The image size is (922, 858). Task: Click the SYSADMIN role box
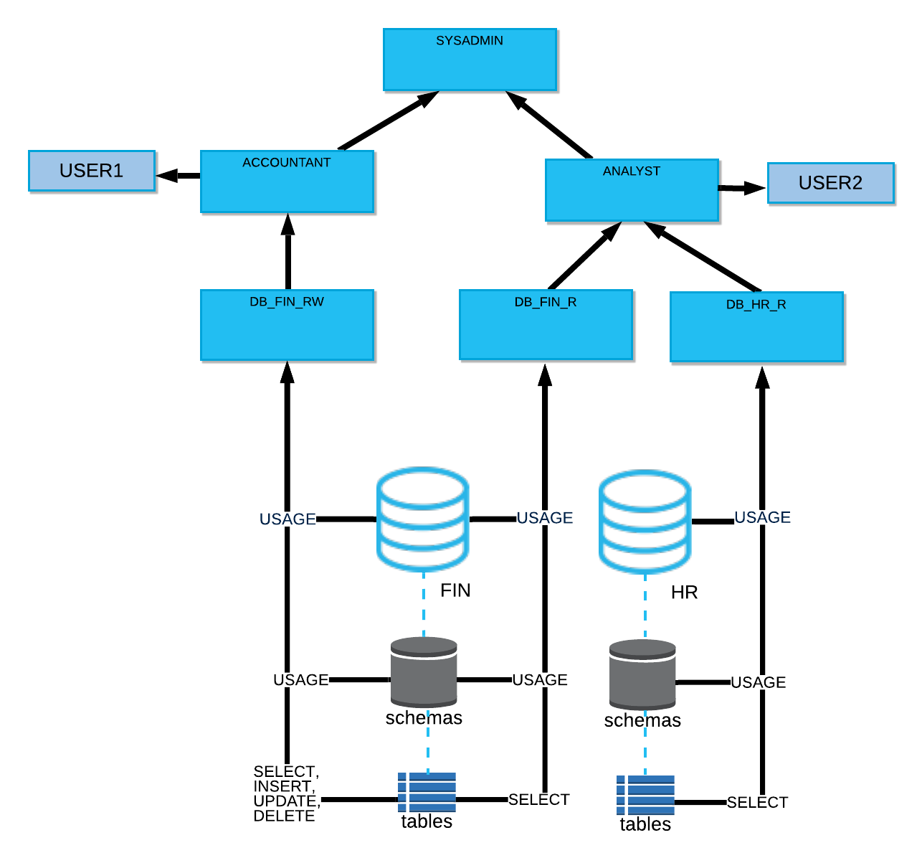(x=470, y=60)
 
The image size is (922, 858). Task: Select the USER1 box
(x=92, y=171)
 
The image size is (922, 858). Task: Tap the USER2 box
(x=830, y=183)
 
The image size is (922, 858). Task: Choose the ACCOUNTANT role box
(x=287, y=181)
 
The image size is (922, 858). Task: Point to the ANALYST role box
(x=632, y=190)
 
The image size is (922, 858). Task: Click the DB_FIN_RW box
(x=287, y=325)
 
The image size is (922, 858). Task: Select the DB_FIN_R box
(x=546, y=324)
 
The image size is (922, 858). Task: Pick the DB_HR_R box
(x=756, y=326)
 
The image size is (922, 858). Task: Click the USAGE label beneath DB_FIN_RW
(x=287, y=519)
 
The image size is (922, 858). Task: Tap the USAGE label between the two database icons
(x=545, y=517)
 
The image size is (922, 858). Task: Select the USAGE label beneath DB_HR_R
(x=762, y=517)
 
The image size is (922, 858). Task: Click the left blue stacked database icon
(x=423, y=519)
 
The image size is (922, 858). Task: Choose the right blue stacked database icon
(x=645, y=522)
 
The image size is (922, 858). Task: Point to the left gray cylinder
(x=424, y=672)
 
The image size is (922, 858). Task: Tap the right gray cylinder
(x=642, y=675)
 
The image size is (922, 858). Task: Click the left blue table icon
(x=427, y=793)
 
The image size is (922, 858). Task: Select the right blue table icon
(x=645, y=795)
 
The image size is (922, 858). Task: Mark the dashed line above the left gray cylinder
(x=424, y=604)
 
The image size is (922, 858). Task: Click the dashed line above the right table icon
(x=645, y=742)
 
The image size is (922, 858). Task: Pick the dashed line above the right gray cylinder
(x=645, y=607)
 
